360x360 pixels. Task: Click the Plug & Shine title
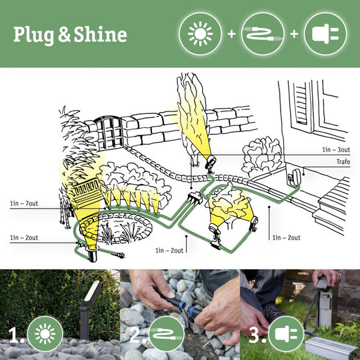pos(70,34)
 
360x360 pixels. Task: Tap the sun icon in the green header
pos(200,33)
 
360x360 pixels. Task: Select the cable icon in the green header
pos(263,33)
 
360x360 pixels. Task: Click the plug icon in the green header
pos(325,33)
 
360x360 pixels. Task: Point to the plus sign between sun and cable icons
pos(231,33)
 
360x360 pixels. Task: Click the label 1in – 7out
pos(24,203)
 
